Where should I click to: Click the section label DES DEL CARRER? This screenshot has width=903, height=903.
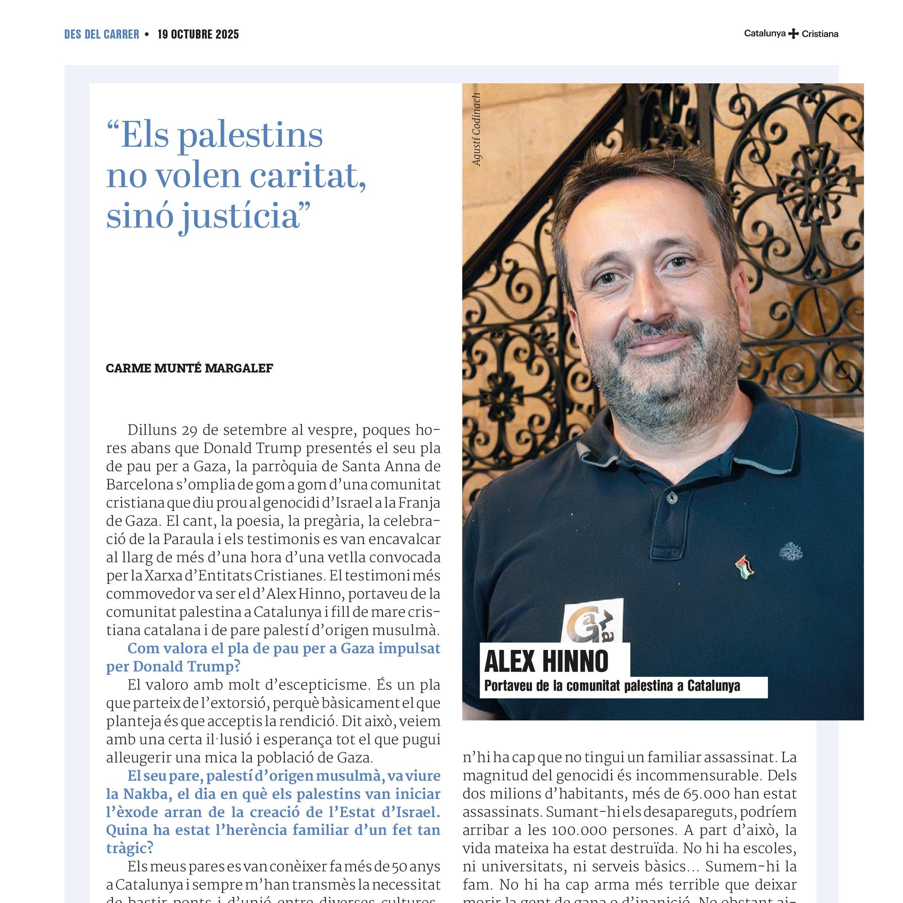click(102, 34)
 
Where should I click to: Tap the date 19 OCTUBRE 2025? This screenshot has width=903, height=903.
click(198, 34)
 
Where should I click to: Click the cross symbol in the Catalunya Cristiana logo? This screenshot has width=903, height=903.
click(793, 34)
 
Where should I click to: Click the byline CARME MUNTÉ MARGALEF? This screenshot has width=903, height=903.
click(189, 368)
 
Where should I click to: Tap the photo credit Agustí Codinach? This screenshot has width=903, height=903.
click(476, 129)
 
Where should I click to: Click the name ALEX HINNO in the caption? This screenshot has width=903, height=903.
click(546, 661)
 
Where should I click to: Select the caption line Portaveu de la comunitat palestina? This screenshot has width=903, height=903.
click(612, 686)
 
